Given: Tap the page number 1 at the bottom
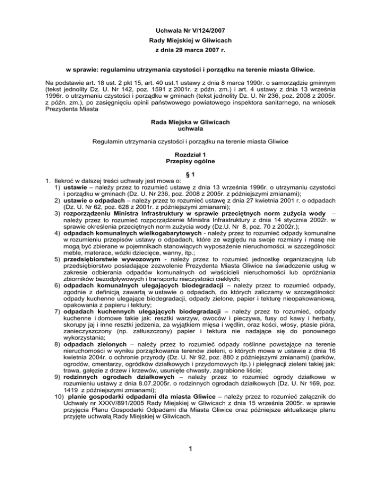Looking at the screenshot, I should tap(190, 473).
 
